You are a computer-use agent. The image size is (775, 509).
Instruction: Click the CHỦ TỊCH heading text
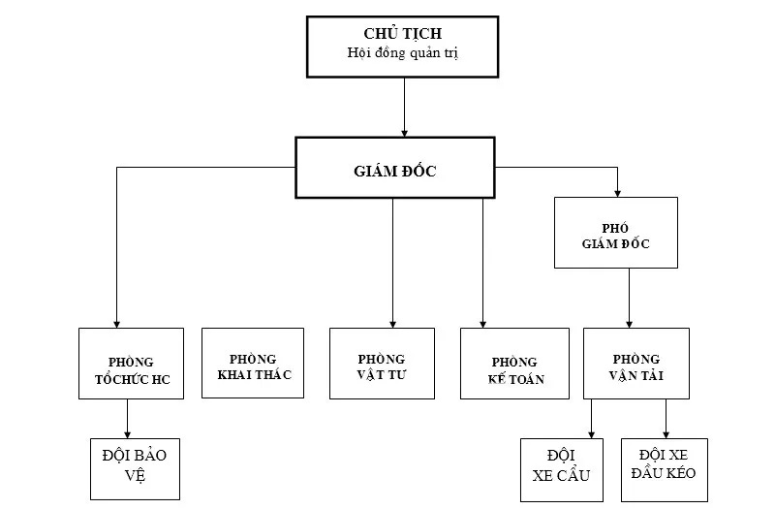[x=403, y=34]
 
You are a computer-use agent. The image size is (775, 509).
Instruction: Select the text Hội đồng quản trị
[x=403, y=52]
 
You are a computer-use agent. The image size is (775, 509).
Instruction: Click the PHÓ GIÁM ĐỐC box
[x=616, y=233]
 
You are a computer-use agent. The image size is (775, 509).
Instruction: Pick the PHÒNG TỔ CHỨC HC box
[x=132, y=364]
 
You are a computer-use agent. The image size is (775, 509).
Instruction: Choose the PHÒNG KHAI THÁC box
[x=253, y=363]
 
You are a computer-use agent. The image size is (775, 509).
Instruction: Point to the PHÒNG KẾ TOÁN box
[x=514, y=364]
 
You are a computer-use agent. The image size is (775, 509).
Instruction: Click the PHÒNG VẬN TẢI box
[x=636, y=364]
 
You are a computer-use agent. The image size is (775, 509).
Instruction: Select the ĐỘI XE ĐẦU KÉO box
[x=665, y=469]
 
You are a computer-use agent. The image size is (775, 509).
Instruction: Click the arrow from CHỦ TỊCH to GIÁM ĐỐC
[x=403, y=106]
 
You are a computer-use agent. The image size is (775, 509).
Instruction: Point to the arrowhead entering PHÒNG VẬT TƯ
[x=393, y=322]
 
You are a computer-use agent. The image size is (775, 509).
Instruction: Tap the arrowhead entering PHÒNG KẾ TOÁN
[x=483, y=322]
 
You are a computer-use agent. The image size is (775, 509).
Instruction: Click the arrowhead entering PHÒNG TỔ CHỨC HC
[x=116, y=322]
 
